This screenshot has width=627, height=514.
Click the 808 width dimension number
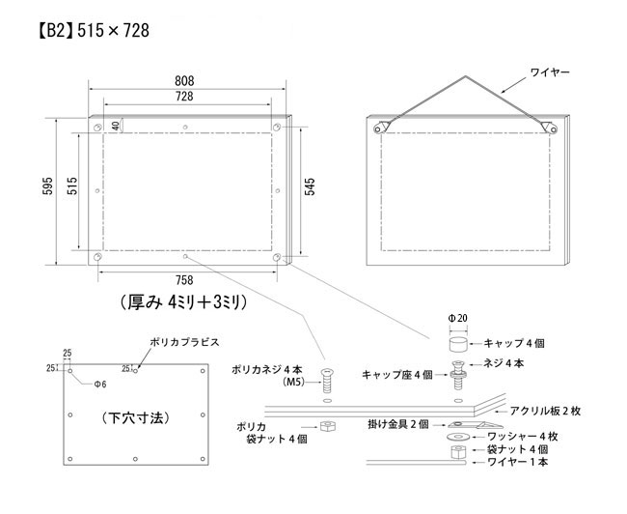[184, 81]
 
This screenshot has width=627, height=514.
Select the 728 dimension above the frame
[184, 97]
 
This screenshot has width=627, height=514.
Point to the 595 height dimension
[47, 186]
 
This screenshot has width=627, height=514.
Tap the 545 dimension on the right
[310, 186]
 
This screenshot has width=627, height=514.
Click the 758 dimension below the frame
[184, 280]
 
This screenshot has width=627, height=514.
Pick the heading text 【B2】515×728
[94, 31]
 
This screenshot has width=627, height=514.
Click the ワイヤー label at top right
[550, 72]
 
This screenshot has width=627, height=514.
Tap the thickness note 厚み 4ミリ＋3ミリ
[183, 302]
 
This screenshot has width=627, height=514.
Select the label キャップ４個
[514, 343]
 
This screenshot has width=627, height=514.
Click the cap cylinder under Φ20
[458, 345]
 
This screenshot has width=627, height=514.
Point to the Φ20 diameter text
[458, 319]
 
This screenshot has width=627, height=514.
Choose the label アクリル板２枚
[545, 411]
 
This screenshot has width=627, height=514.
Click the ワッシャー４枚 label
[522, 437]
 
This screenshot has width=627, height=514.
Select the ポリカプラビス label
[185, 342]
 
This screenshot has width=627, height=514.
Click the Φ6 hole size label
[100, 385]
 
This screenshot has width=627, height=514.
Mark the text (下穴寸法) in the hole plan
[136, 418]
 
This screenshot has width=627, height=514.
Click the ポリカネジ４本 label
[267, 369]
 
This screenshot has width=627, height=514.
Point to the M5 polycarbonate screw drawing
[328, 381]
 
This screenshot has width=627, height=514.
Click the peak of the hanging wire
[465, 76]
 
